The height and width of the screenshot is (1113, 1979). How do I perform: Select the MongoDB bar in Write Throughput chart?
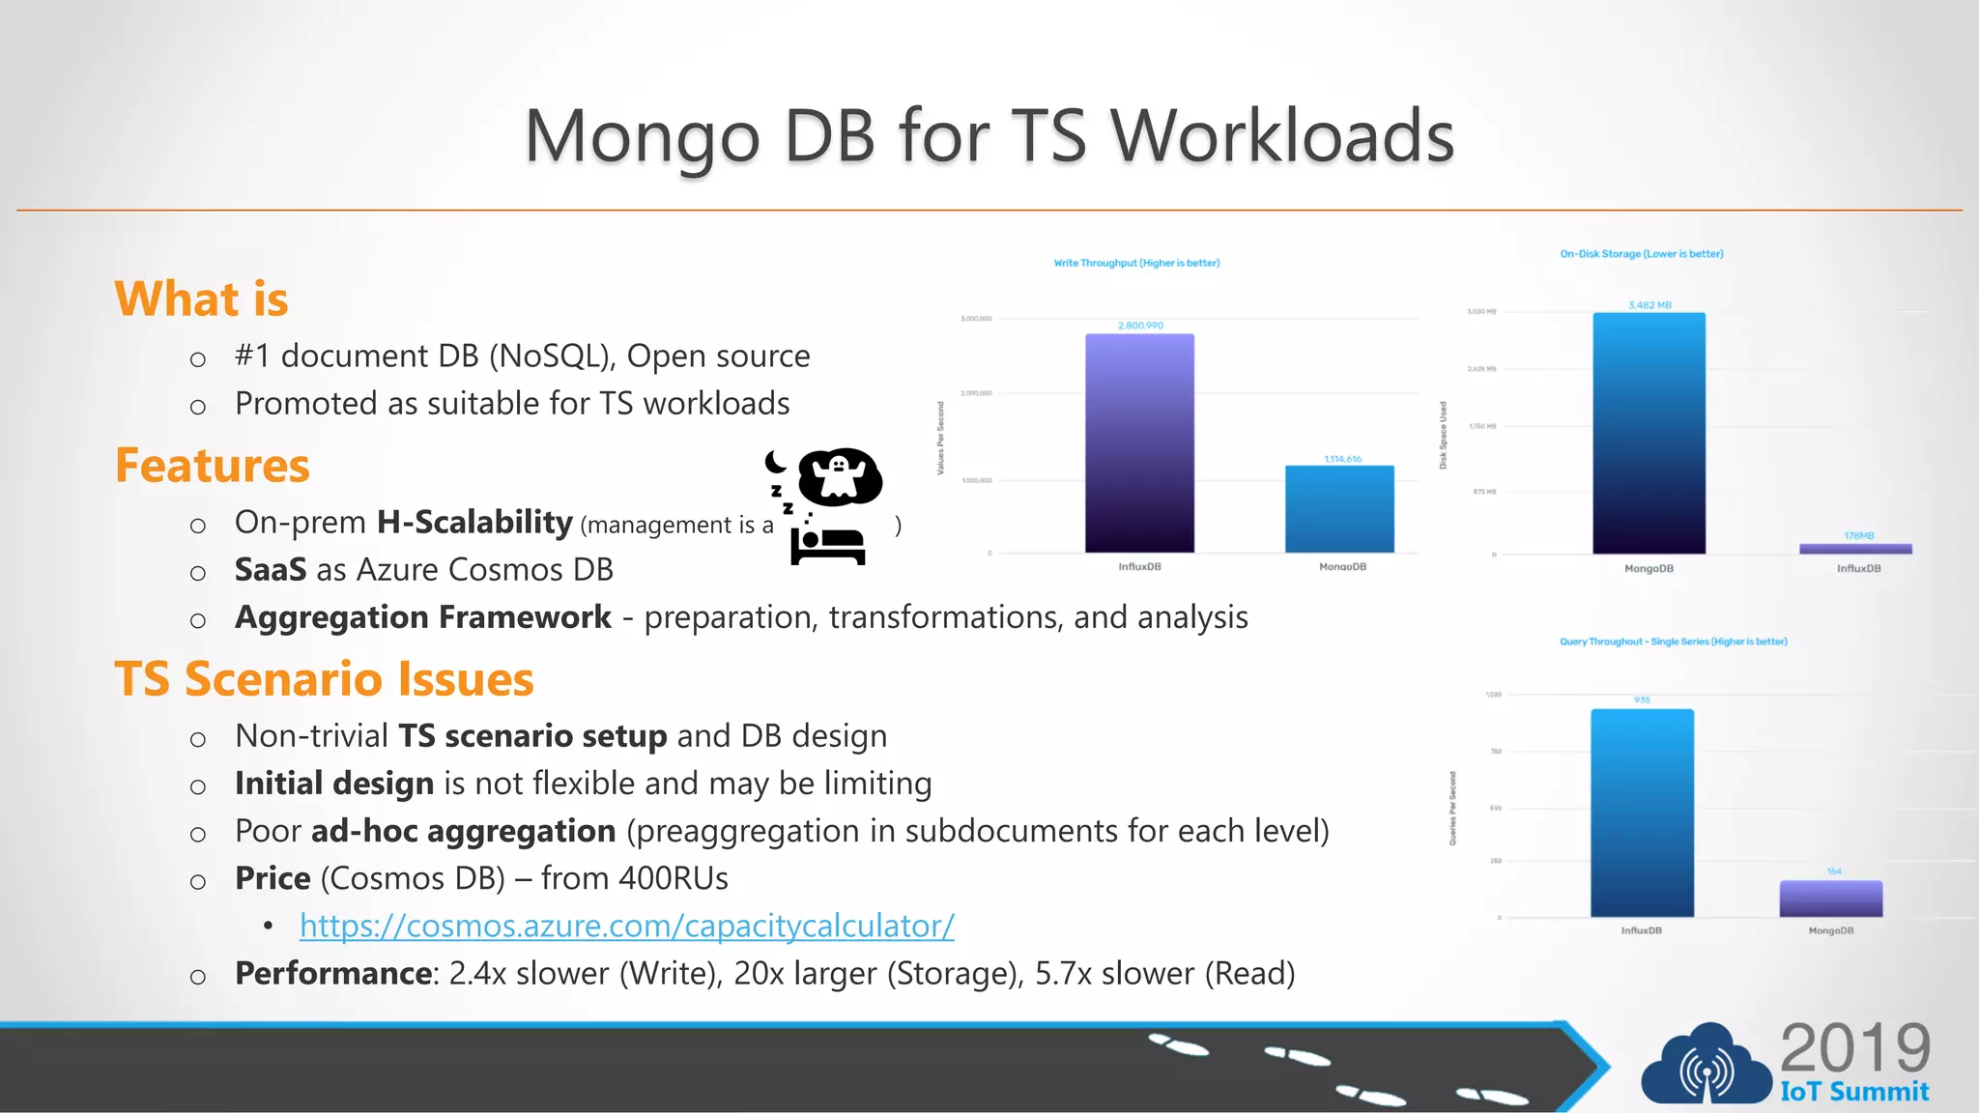(x=1339, y=509)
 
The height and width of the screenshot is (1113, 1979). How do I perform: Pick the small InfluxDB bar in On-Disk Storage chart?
(x=1855, y=549)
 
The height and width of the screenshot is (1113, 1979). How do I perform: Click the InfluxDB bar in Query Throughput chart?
(x=1642, y=813)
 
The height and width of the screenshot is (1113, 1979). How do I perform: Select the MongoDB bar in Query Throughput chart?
(x=1831, y=899)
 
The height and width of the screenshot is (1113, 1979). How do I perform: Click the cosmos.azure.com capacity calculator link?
(x=626, y=926)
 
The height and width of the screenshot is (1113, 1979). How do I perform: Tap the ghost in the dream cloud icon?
(x=840, y=475)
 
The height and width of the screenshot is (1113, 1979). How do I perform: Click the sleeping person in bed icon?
(x=828, y=545)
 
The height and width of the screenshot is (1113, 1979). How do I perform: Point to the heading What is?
(x=201, y=299)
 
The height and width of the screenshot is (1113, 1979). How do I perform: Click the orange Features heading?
(x=213, y=466)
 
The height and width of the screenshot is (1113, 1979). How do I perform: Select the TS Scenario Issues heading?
(x=324, y=679)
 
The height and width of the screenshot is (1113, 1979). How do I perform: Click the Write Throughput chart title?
(x=1136, y=263)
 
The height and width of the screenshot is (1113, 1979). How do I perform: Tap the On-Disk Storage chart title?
(x=1641, y=254)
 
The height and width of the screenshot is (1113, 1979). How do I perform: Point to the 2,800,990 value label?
(x=1140, y=326)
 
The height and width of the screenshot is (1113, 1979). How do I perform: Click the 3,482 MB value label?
(x=1649, y=305)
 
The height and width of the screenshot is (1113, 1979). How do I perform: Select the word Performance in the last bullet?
(x=334, y=973)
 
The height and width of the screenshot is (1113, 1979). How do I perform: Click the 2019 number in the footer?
(x=1854, y=1048)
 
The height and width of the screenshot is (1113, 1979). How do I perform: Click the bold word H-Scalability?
(x=474, y=523)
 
